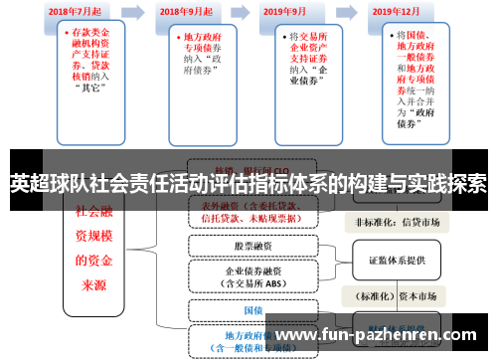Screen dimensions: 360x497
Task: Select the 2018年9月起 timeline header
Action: [x=186, y=11]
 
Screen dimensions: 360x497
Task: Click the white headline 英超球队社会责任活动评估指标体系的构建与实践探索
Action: [x=248, y=183]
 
